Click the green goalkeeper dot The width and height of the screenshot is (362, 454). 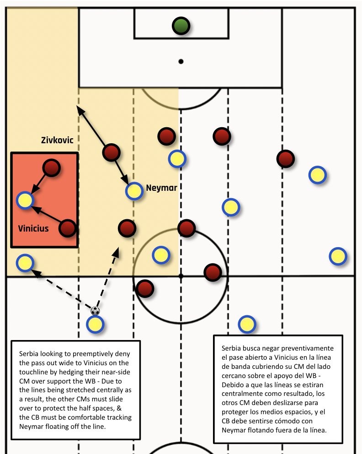(181, 26)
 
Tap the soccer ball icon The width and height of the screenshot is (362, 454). (95, 311)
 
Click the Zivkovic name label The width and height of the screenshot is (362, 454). (57, 140)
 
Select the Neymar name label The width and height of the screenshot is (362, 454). (161, 188)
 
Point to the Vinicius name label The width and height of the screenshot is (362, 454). (33, 228)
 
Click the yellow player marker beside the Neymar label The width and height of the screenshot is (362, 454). (134, 191)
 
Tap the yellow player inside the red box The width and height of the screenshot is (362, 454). (25, 200)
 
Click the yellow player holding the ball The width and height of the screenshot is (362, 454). (95, 324)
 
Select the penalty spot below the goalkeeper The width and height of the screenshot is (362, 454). (181, 61)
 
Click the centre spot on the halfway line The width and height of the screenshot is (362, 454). (181, 276)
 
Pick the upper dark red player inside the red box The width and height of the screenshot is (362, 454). (51, 168)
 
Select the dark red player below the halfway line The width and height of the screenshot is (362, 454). (145, 288)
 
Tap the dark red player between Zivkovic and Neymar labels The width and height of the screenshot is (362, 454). (112, 153)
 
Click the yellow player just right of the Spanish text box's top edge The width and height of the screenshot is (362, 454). (247, 324)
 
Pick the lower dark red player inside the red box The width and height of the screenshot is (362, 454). (67, 227)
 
